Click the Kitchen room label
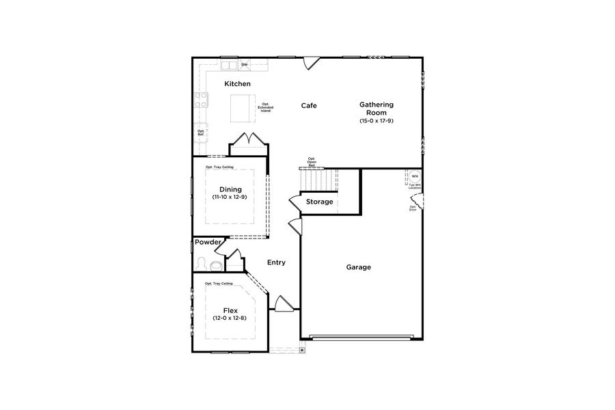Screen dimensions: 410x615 click(x=238, y=83)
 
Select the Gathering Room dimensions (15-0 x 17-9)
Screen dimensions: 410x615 click(x=377, y=121)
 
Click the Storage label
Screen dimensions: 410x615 click(x=319, y=202)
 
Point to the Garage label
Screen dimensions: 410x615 click(x=358, y=267)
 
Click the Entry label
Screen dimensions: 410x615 click(x=276, y=262)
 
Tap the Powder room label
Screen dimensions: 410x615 click(x=208, y=242)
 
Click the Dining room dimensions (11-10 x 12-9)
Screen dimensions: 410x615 click(x=230, y=197)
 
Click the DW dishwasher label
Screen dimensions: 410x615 click(x=244, y=65)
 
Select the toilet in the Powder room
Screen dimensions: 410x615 click(x=215, y=264)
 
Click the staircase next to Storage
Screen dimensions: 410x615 click(x=320, y=180)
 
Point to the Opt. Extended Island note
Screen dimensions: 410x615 click(x=265, y=107)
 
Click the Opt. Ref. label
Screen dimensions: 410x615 click(x=201, y=133)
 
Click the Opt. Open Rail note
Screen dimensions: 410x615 click(x=312, y=161)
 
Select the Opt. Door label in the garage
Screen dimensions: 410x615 click(x=413, y=208)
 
